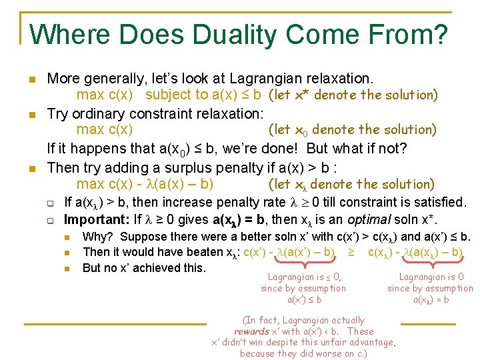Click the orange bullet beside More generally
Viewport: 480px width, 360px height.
point(31,80)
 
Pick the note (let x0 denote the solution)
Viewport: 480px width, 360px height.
point(352,129)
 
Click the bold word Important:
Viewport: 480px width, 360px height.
point(95,219)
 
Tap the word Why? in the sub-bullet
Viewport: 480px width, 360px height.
point(98,237)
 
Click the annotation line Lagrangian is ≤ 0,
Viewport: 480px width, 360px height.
point(304,277)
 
